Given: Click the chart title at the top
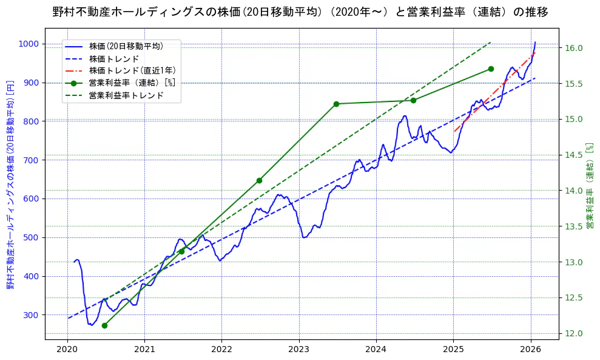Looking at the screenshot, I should click(300, 13).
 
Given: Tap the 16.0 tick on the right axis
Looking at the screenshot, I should click(575, 49).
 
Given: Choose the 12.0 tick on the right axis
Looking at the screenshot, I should click(575, 333).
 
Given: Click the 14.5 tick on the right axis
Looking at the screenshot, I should click(575, 155).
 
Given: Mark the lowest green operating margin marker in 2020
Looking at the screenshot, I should click(104, 325).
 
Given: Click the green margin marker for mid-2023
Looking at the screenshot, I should click(336, 104).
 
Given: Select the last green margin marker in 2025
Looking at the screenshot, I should click(491, 69).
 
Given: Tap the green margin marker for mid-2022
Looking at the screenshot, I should click(259, 180).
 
